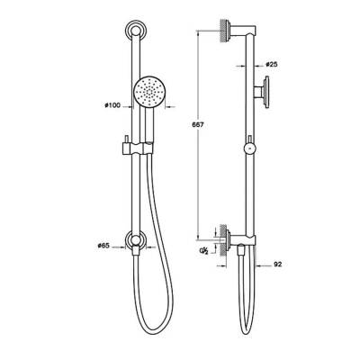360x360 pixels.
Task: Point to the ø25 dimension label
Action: click(x=271, y=65)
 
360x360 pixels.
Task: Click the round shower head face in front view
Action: click(x=148, y=93)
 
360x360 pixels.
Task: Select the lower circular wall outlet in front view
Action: click(x=135, y=241)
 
